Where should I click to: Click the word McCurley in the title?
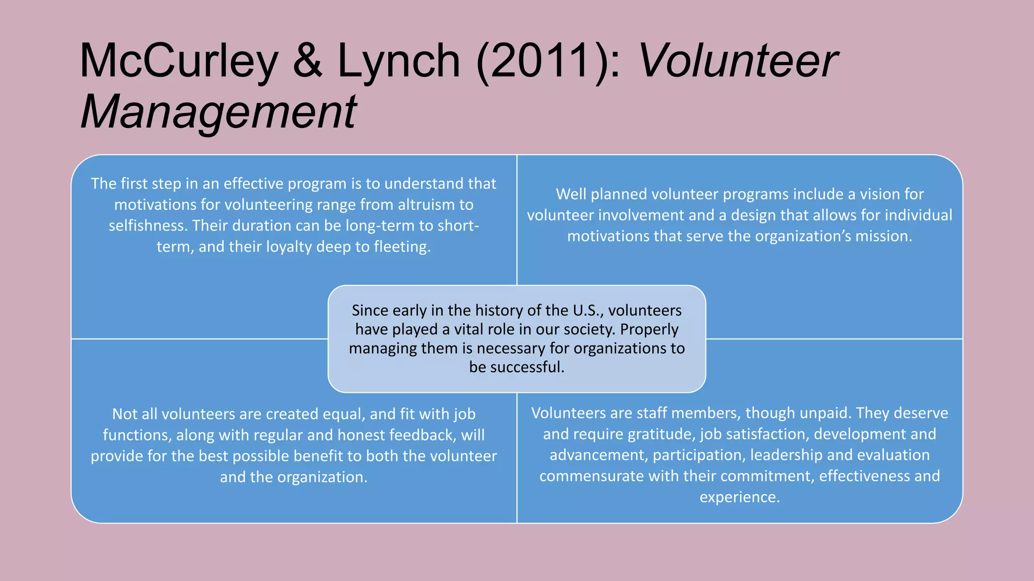[178, 62]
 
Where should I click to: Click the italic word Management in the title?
[219, 112]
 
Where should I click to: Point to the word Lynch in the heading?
[399, 62]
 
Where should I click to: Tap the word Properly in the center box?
[649, 329]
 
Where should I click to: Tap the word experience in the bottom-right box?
[739, 497]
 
